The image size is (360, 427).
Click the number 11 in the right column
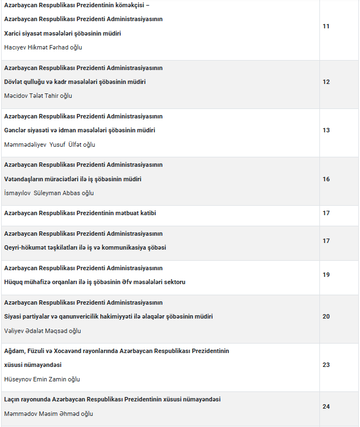[326, 26]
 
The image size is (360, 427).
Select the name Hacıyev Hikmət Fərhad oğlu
[43, 47]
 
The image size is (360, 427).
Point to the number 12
[326, 82]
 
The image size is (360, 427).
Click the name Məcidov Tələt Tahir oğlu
[38, 96]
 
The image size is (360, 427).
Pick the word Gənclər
[16, 130]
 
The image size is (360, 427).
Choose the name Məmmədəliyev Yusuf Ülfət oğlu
[50, 145]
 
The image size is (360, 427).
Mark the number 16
[326, 179]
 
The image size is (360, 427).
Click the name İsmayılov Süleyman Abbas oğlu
[49, 193]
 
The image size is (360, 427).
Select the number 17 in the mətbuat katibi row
[326, 213]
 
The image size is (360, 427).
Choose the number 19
[326, 275]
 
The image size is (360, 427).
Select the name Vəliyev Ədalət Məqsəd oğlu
[42, 331]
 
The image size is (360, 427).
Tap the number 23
[326, 365]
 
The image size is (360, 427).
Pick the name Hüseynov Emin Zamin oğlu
[42, 379]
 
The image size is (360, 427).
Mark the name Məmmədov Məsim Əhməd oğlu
[48, 414]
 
